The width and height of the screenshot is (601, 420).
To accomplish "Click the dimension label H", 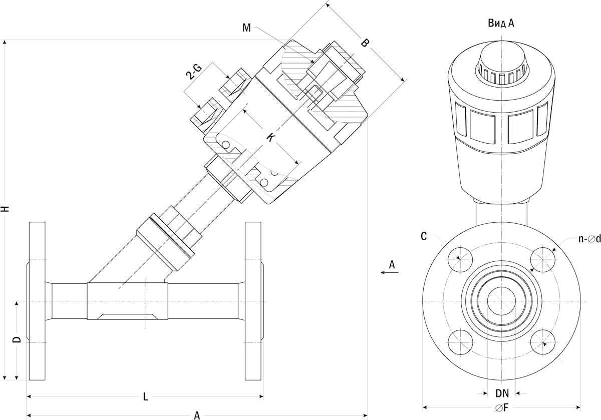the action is (x=6, y=209).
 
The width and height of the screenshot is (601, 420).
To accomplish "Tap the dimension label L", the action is (x=145, y=396).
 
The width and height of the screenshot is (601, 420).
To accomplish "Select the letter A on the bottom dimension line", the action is (x=197, y=415).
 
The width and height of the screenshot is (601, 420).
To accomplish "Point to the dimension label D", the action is (x=17, y=339).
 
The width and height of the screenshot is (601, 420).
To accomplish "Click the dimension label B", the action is (x=365, y=43).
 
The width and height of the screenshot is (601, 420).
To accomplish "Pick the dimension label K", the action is (x=271, y=138).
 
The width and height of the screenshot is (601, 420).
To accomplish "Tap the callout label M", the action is (x=246, y=28).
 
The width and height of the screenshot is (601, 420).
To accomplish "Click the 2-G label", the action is (x=194, y=72).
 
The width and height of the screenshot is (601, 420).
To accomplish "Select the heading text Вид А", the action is (x=501, y=23).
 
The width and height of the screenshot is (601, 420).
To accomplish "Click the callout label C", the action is (x=424, y=236).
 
